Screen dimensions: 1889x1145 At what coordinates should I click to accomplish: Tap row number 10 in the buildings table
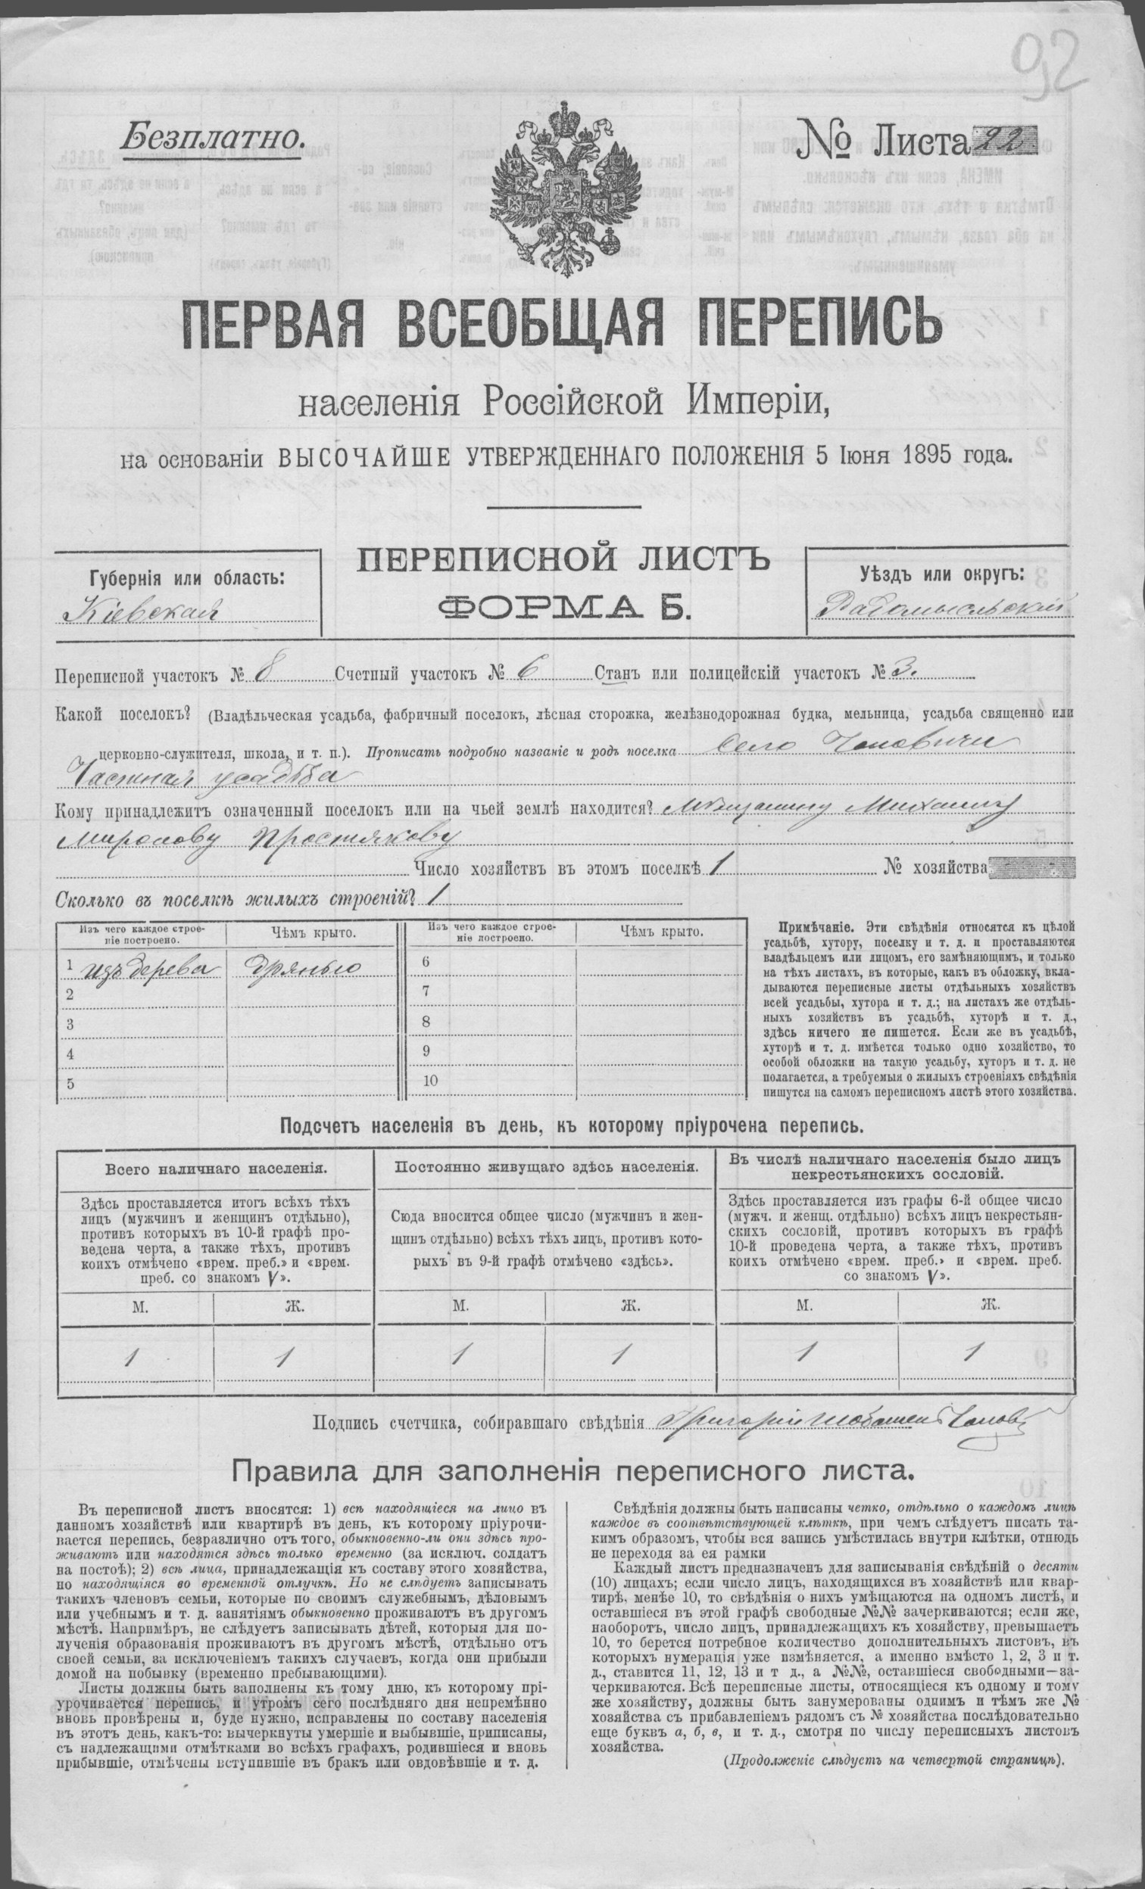(x=429, y=1081)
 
